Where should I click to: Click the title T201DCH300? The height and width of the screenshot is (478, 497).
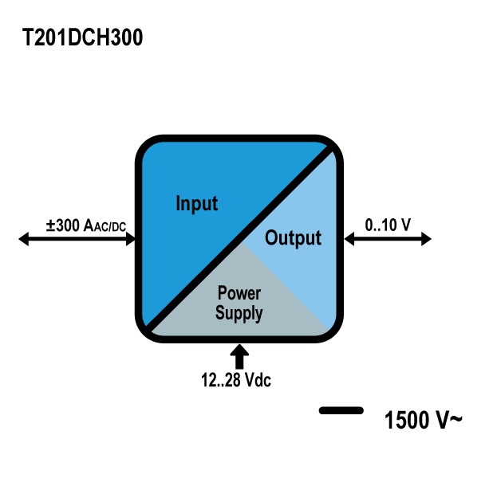point(83,38)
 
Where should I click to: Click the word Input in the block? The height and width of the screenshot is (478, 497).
point(196,203)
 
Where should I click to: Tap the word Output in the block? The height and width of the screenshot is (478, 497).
point(293,237)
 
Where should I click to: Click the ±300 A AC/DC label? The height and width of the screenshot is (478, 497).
point(86,226)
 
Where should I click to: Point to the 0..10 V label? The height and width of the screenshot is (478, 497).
point(388,225)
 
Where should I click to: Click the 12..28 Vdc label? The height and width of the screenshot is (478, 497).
point(236,381)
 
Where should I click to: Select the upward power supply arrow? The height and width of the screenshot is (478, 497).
point(239,355)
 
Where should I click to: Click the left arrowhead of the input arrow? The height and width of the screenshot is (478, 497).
point(24,238)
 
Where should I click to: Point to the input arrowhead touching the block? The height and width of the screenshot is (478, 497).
point(129,238)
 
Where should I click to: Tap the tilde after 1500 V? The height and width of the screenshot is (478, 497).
point(456,418)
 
